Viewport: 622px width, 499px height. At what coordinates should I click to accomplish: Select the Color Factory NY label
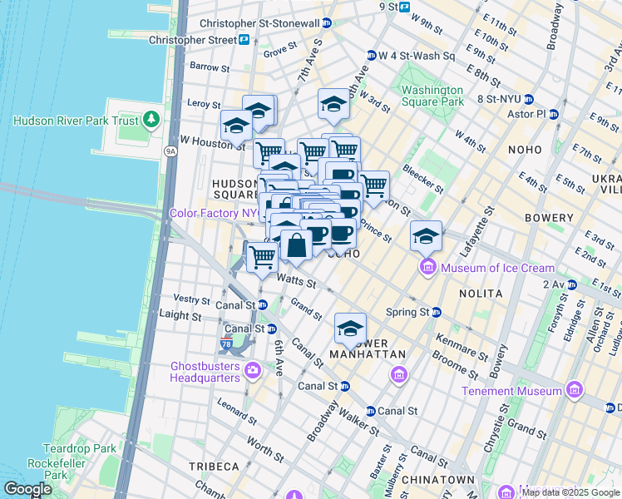pyautogui.click(x=213, y=214)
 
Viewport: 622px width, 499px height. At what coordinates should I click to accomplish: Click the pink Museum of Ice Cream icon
pyautogui.click(x=428, y=267)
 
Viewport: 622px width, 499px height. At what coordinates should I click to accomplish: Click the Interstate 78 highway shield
pyautogui.click(x=227, y=343)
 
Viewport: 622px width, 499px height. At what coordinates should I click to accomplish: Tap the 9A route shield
pyautogui.click(x=170, y=151)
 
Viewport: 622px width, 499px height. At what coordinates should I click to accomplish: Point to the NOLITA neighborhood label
pyautogui.click(x=480, y=294)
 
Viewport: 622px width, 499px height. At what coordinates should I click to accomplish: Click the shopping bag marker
pyautogui.click(x=296, y=245)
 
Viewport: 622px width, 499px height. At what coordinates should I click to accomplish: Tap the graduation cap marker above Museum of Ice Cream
pyautogui.click(x=426, y=236)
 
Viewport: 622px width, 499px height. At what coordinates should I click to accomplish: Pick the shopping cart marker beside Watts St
pyautogui.click(x=263, y=255)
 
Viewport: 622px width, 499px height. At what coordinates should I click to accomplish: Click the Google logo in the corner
pyautogui.click(x=27, y=489)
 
